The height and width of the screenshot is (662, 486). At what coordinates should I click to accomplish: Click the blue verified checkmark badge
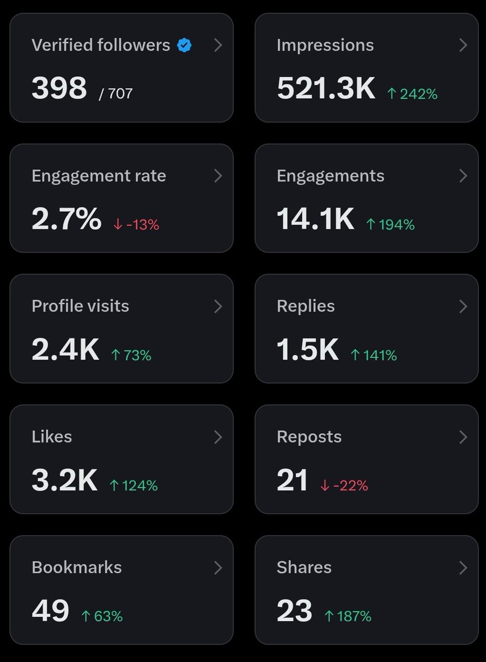pos(184,45)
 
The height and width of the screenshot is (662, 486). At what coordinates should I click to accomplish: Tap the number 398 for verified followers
pos(59,88)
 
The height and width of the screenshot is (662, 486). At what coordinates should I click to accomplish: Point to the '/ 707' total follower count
pos(116,93)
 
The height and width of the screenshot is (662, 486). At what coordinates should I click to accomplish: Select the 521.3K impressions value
pos(326,88)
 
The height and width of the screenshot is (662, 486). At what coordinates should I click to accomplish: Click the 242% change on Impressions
pos(412,94)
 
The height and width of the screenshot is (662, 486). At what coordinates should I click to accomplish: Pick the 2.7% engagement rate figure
pos(66,219)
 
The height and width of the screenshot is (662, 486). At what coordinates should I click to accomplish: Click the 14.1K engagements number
pos(315,219)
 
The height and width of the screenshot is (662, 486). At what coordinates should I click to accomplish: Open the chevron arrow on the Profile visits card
pos(218,306)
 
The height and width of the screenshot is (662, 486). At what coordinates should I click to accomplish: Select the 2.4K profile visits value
pos(65,350)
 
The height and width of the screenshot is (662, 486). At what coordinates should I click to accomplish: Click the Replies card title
pos(306,306)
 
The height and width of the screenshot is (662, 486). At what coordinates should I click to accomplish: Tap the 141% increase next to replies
pos(374,355)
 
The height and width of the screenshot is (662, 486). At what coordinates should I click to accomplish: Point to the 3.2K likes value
pos(65,481)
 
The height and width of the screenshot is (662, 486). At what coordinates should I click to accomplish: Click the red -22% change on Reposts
pos(344,485)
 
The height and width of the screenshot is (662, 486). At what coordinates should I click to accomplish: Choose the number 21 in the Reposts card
pos(292,481)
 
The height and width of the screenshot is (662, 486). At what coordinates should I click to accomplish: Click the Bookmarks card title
pos(77,567)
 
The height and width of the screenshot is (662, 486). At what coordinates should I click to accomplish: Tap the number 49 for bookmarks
pos(50,611)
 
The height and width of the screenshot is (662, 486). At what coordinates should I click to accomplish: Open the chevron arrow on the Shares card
pos(463,567)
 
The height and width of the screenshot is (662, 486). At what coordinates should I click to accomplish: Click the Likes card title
pos(52,436)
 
